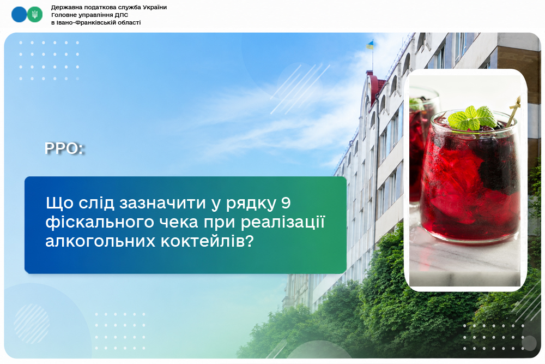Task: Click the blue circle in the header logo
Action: [19, 15]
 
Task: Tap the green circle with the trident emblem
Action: [35, 15]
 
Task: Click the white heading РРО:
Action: [64, 148]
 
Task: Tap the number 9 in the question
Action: [286, 203]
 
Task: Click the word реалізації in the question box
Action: [282, 222]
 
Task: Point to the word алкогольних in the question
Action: [100, 242]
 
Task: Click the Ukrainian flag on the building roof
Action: [370, 45]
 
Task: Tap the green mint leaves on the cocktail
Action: [473, 118]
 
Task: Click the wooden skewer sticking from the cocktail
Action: [513, 111]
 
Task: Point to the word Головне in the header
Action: [65, 15]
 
